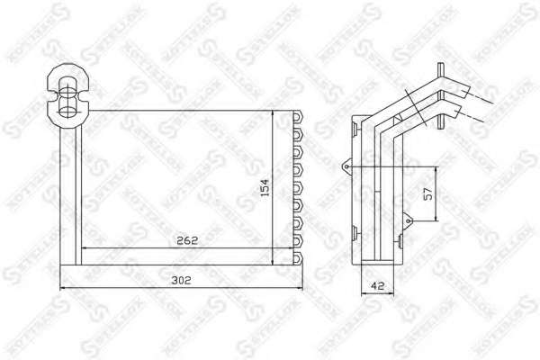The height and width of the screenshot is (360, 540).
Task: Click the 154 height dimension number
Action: pos(265,187)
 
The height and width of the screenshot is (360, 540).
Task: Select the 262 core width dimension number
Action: pos(187,240)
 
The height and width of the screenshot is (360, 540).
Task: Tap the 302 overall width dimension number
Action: pos(182,280)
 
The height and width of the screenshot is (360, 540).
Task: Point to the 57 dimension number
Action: pos(428,194)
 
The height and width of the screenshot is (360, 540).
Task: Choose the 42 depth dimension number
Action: pos(377,285)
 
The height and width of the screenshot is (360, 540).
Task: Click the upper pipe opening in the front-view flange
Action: pos(67,85)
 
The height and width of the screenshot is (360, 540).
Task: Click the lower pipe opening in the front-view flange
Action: pos(67,111)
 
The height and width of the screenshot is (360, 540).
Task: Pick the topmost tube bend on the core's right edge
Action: pos(298,117)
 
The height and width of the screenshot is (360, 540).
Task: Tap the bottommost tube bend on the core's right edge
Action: pos(298,258)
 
